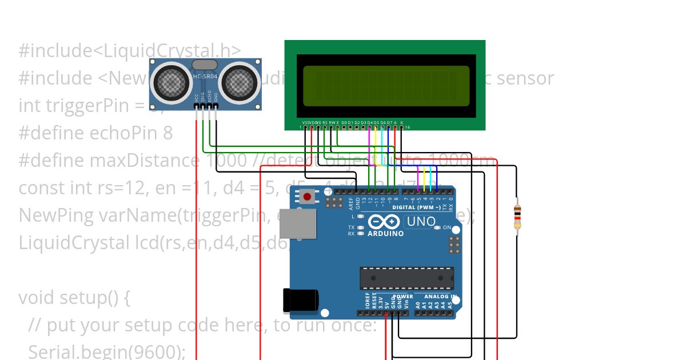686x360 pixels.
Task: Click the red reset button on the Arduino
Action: (x=308, y=197)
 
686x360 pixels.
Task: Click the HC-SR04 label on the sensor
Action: (x=205, y=77)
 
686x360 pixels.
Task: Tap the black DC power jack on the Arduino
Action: (x=301, y=300)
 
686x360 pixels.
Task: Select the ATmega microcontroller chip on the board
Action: (x=406, y=278)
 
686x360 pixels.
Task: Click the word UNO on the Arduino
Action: (x=420, y=222)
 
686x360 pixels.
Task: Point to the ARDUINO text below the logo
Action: (x=385, y=234)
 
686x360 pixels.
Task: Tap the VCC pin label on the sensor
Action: (x=197, y=98)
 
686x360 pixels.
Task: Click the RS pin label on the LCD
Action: (x=325, y=122)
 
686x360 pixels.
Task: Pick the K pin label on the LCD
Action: (x=401, y=122)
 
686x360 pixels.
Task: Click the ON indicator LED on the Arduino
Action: (x=437, y=227)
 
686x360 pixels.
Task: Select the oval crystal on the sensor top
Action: (x=205, y=65)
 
